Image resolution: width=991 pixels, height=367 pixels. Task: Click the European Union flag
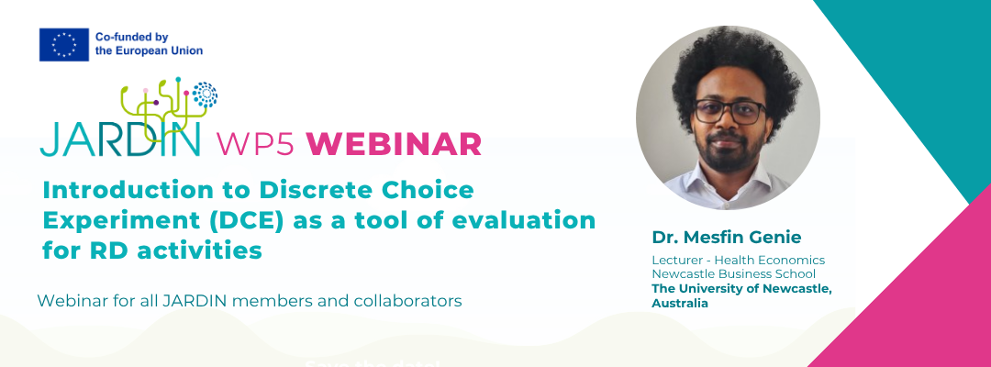click(63, 44)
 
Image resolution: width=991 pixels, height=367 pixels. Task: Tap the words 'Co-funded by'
click(132, 37)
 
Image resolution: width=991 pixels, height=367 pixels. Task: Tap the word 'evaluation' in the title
click(510, 220)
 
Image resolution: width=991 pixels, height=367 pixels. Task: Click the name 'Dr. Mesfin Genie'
click(726, 238)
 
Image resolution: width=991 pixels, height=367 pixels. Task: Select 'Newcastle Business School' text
click(725, 274)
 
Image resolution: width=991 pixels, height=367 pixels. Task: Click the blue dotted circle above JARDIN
click(205, 94)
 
